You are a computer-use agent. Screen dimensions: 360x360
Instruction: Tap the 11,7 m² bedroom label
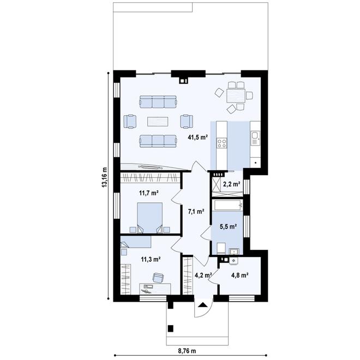click(148, 193)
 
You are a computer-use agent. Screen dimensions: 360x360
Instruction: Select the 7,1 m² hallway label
click(196, 211)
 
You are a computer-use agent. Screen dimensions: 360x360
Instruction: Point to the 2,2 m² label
click(232, 184)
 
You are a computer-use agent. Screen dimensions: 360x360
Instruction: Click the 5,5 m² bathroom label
click(227, 226)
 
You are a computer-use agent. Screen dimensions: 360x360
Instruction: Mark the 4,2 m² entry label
click(203, 275)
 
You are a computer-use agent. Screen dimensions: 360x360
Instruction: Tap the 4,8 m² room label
click(240, 275)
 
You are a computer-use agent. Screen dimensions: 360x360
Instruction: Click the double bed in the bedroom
click(148, 217)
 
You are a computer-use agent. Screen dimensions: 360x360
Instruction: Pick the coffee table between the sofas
click(158, 121)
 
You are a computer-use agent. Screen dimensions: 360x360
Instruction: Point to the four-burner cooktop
click(222, 143)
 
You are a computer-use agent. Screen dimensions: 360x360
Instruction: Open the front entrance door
click(202, 311)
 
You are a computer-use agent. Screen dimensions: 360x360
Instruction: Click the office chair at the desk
click(158, 278)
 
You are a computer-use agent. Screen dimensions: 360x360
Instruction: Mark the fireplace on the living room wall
click(184, 81)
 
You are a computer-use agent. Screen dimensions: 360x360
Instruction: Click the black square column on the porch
click(171, 328)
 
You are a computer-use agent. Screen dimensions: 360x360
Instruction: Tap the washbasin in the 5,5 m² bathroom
click(232, 251)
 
